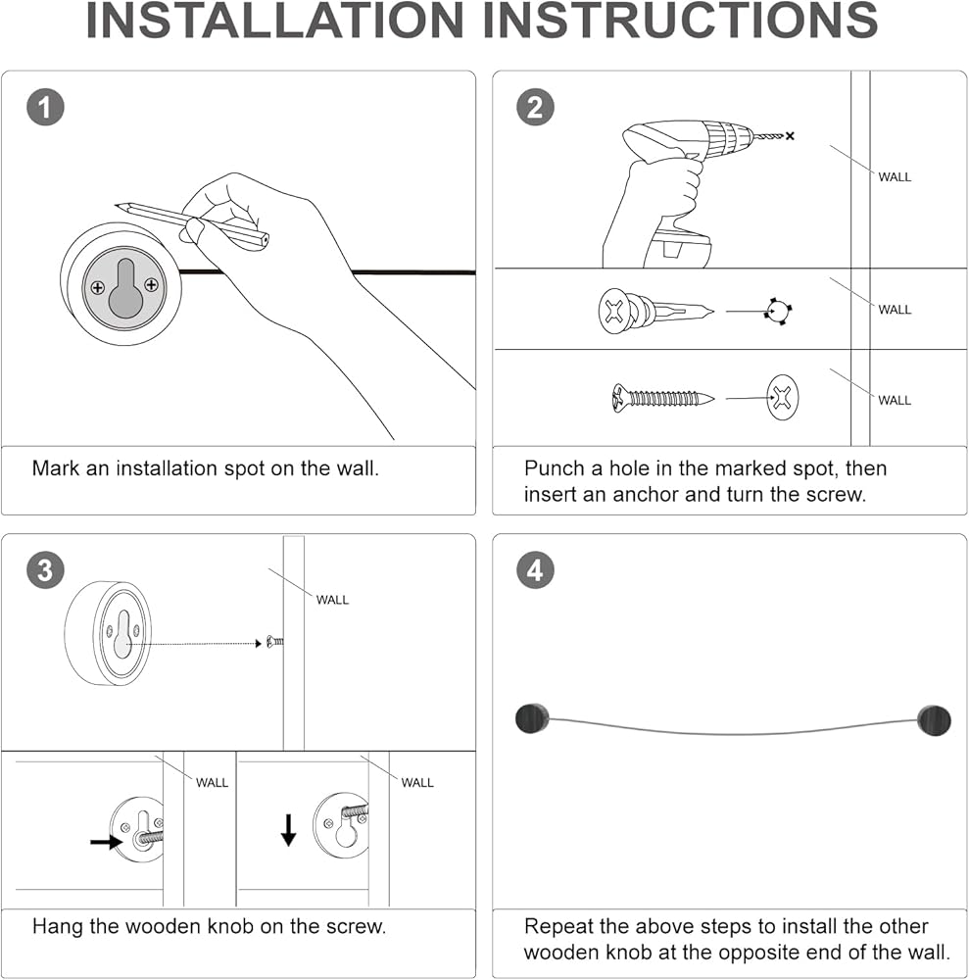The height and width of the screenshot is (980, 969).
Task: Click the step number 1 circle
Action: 44,107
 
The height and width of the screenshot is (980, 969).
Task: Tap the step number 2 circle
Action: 534,107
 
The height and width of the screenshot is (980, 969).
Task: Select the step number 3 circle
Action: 44,570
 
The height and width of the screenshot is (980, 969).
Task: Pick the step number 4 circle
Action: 534,570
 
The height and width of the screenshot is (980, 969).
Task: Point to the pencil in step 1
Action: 191,221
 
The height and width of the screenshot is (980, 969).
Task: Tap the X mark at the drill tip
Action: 790,136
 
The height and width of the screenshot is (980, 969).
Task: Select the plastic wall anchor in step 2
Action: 652,312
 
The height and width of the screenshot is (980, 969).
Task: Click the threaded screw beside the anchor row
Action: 662,398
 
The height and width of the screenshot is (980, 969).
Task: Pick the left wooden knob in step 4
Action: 531,718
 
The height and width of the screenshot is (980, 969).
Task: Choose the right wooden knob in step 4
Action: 934,720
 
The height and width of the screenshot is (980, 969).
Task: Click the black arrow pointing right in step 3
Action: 107,841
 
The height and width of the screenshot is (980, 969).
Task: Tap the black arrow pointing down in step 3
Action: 288,829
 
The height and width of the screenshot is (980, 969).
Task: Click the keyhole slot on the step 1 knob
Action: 124,286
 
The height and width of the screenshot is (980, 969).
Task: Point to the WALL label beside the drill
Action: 894,177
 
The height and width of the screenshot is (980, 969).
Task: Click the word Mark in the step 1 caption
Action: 55,468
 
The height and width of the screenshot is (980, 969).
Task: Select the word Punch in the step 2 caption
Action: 555,468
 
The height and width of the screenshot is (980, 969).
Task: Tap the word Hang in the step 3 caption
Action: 55,925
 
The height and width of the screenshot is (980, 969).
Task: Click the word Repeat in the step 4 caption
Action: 559,926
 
